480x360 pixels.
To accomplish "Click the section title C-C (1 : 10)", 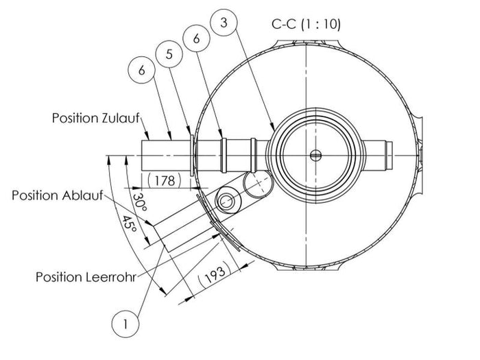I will [x=306, y=25].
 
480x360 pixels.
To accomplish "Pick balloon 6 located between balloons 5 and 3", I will [x=196, y=39].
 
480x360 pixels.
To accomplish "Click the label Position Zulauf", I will [x=95, y=118].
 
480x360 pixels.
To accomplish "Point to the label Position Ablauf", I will [x=57, y=195].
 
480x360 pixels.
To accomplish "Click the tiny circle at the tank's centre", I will [x=315, y=155].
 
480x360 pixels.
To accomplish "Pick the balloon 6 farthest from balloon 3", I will [x=142, y=71].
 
